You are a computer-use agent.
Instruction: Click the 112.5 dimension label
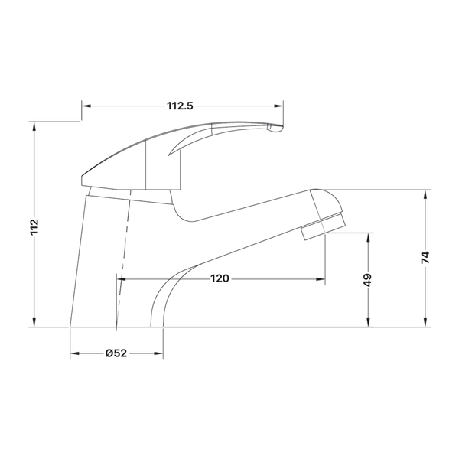(x=180, y=106)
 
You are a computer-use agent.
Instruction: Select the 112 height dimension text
(x=34, y=226)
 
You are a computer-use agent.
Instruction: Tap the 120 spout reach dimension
(x=220, y=278)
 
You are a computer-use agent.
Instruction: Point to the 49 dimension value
(x=368, y=280)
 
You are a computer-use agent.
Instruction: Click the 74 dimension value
(x=425, y=257)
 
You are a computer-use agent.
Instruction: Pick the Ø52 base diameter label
(x=116, y=353)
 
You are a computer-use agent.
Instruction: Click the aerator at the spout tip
(x=324, y=226)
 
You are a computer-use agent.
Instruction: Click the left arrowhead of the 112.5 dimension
(x=86, y=106)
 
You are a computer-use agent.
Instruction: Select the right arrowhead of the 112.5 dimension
(x=279, y=106)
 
